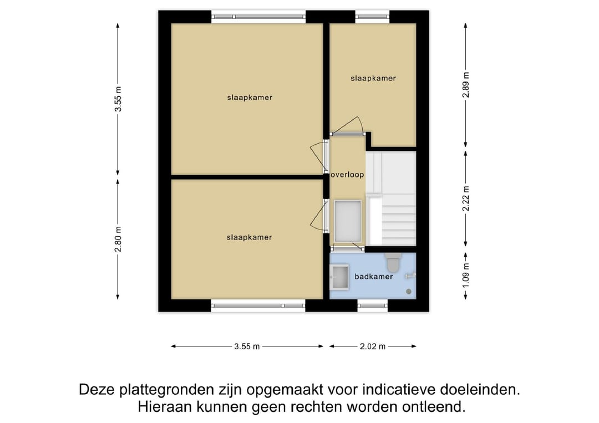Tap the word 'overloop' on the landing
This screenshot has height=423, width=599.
348,175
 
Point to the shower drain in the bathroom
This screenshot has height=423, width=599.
409,291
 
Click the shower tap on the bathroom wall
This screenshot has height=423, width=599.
411,275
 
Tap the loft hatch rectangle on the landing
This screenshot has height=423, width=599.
348,221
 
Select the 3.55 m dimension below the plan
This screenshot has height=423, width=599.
247,346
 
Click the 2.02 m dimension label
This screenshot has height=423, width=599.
373,346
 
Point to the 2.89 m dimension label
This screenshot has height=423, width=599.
466,85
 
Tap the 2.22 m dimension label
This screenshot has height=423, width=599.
466,198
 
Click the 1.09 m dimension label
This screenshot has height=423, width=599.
466,276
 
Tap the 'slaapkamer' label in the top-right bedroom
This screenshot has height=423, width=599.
373,78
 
